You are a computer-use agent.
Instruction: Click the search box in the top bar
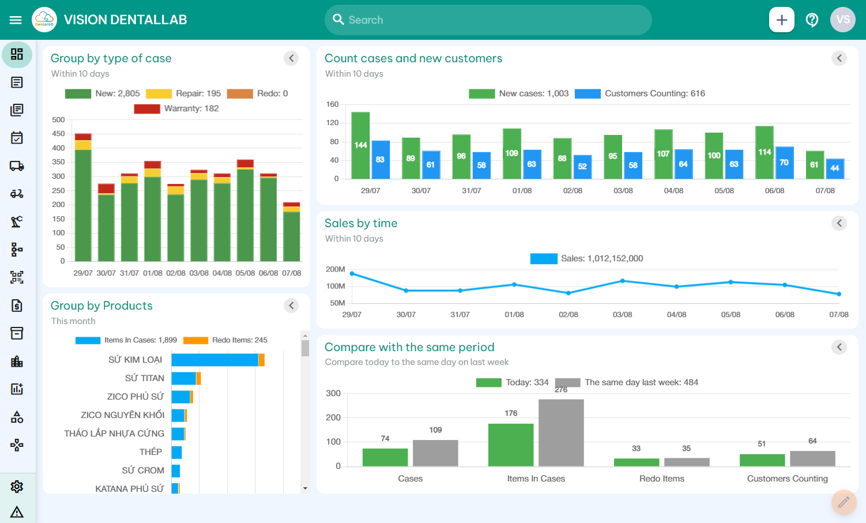488,20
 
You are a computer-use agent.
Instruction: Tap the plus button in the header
781,20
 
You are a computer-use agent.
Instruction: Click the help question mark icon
812,20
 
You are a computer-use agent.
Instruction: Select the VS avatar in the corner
842,20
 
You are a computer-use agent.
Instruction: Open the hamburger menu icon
16,20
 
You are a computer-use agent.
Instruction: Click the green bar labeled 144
360,145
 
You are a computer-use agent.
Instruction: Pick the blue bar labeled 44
835,168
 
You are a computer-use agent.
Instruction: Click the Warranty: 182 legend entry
176,108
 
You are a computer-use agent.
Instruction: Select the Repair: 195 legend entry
183,93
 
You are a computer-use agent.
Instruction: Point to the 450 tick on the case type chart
58,134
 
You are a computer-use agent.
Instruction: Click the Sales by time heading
360,223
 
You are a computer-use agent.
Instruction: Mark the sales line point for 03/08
622,281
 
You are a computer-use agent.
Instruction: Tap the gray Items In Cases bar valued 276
560,432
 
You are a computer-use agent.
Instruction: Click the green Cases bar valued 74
385,457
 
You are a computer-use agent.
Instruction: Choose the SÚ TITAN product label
144,378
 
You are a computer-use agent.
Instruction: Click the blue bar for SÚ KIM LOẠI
214,360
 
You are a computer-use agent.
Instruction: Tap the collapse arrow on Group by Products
291,306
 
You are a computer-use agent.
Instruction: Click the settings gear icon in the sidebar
17,487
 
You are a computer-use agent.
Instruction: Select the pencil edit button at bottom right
844,502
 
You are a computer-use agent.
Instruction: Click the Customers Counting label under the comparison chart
787,479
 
